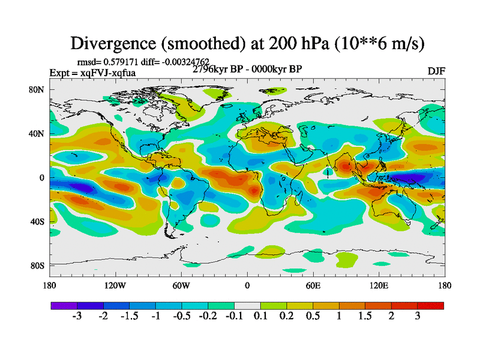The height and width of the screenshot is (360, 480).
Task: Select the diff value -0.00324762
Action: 183,61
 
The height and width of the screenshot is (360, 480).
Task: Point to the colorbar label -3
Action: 77,316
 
